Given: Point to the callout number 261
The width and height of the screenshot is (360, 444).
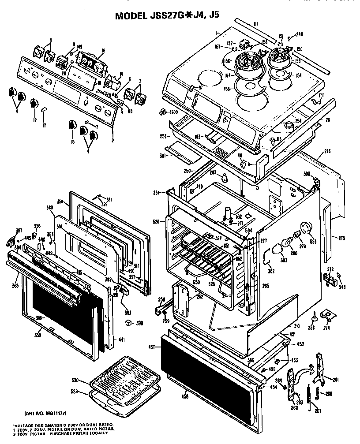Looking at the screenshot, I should click(x=336, y=380).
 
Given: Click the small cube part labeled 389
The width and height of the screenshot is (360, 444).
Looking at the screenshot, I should click(x=128, y=324).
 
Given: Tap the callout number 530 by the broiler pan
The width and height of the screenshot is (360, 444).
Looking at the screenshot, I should click(x=75, y=380).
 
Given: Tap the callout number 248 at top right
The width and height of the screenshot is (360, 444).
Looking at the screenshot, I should click(x=300, y=35).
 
